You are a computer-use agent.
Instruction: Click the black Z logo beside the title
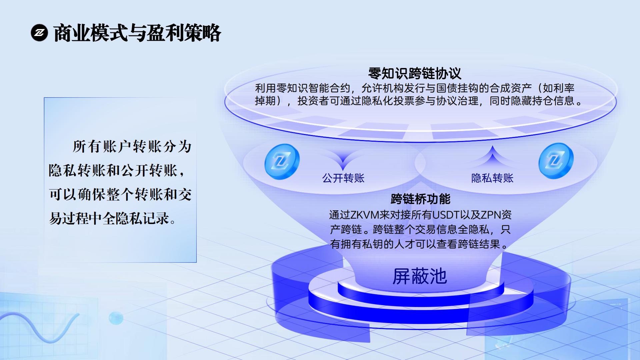[39, 33]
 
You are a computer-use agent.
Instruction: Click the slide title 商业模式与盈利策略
[137, 33]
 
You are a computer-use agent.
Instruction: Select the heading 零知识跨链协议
[415, 73]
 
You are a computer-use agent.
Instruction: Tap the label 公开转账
[343, 178]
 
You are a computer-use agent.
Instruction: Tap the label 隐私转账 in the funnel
[492, 178]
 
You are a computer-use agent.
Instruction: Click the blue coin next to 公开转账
[282, 162]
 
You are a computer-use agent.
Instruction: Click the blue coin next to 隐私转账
[556, 161]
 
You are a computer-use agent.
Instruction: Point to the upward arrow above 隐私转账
[492, 155]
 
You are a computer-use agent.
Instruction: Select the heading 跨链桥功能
[420, 199]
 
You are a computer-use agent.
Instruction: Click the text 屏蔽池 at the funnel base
[420, 276]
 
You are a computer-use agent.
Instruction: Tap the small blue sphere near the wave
[116, 318]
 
